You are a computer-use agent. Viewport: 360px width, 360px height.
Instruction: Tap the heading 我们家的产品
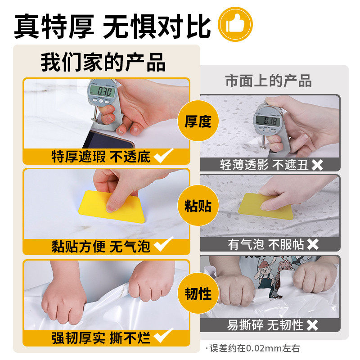coord(103,62)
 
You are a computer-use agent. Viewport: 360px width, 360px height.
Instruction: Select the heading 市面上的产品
coord(268,81)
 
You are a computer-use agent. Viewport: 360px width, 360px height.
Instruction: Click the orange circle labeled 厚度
coord(198,121)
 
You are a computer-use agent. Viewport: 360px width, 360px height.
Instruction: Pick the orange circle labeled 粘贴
coord(198,207)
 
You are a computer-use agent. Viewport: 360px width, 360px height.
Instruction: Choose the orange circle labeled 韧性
coord(198,294)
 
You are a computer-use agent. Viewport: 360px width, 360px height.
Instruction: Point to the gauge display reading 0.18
coord(269,121)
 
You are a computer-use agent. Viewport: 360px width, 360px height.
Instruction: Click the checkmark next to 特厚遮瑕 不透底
coord(163,157)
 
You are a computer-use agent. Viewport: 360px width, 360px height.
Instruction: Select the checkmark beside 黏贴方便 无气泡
coord(163,246)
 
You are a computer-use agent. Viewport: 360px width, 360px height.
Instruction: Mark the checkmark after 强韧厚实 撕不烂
coord(163,336)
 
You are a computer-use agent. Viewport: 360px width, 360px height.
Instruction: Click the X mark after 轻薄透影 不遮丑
coord(317,165)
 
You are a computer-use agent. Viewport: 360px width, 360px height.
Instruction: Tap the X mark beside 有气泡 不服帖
coord(312,245)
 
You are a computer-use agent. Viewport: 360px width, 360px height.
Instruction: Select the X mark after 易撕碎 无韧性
coord(312,325)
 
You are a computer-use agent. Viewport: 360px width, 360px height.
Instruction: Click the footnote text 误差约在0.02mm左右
coord(253,348)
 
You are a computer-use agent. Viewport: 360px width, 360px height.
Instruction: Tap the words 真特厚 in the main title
coord(54,26)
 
